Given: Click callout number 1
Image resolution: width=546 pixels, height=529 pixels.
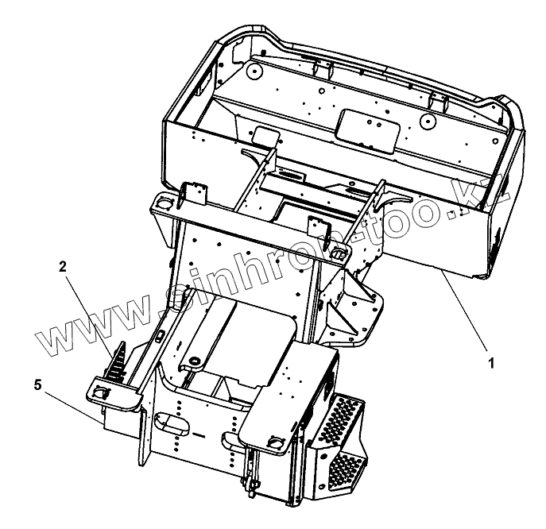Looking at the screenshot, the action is click(490, 363).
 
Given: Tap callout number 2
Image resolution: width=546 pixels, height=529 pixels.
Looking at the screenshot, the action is click(62, 268).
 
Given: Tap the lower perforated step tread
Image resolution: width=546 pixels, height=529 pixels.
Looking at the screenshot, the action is click(344, 461).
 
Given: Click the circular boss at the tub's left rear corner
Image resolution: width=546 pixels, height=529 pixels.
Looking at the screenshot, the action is click(254, 70).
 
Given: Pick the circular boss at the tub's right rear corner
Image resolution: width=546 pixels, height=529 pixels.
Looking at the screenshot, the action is click(428, 122).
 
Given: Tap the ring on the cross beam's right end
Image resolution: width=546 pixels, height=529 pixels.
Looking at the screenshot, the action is click(338, 253).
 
